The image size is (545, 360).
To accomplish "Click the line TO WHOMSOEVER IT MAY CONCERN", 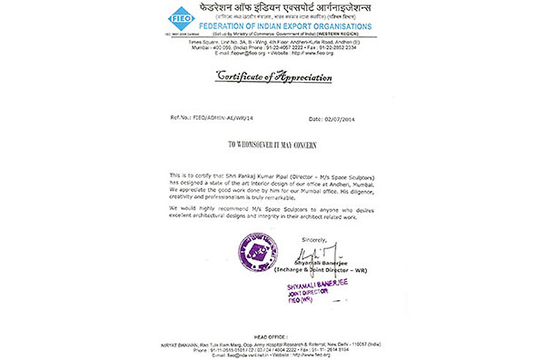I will coord(272,145).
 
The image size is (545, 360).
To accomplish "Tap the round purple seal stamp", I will coord(258,252).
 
